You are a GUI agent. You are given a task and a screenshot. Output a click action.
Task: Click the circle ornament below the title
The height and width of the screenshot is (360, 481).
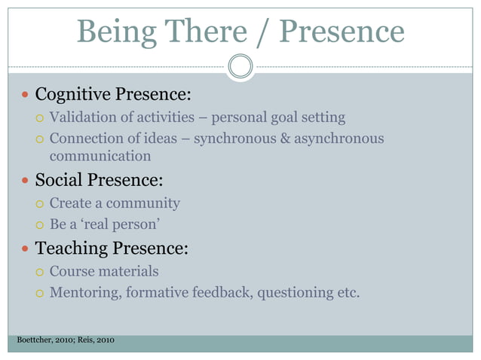pyautogui.click(x=240, y=66)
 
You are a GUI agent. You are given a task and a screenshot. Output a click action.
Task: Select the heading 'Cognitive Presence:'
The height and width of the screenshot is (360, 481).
pyautogui.click(x=113, y=95)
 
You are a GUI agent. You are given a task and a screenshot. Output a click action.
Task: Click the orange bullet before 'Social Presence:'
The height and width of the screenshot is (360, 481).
pyautogui.click(x=26, y=182)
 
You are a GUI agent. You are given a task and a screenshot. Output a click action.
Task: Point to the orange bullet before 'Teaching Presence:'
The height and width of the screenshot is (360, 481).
pyautogui.click(x=26, y=249)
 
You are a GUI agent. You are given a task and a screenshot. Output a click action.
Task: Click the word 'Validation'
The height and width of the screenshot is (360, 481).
pyautogui.click(x=82, y=117)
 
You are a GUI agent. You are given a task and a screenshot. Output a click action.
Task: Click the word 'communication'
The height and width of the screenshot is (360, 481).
pyautogui.click(x=100, y=157)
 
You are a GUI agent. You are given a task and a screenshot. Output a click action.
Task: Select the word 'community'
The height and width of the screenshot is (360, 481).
pyautogui.click(x=143, y=203)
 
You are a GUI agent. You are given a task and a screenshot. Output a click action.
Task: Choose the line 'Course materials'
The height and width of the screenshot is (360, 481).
pyautogui.click(x=104, y=271)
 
